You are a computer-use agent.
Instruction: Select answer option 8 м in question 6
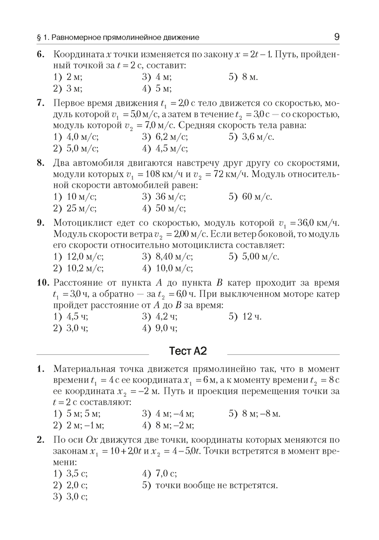(x=249, y=77)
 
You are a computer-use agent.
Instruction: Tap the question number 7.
(x=40, y=103)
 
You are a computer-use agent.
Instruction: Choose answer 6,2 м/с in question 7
(x=163, y=137)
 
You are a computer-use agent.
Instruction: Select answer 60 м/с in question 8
(x=250, y=197)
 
